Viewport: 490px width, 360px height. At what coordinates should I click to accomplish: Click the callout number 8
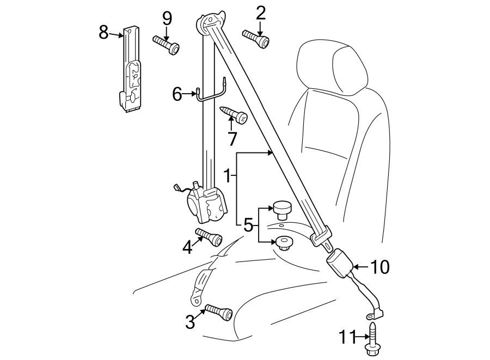103,33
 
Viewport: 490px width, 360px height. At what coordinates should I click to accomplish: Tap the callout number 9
167,19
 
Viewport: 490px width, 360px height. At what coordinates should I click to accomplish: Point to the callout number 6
177,94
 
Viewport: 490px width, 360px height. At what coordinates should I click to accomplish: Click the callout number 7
232,139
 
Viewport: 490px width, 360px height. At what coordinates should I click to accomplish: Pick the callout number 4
188,248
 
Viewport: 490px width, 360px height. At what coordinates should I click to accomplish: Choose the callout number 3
189,322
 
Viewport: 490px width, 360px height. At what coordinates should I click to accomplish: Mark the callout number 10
380,267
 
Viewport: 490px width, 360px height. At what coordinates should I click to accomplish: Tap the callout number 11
347,337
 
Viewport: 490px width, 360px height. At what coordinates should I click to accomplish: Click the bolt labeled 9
167,45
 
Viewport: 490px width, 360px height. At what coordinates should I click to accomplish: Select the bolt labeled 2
255,39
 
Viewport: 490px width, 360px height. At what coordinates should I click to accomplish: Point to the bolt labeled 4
209,237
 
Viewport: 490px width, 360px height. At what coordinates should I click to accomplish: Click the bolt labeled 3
219,313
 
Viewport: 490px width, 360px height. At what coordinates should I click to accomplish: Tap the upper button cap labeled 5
282,208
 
